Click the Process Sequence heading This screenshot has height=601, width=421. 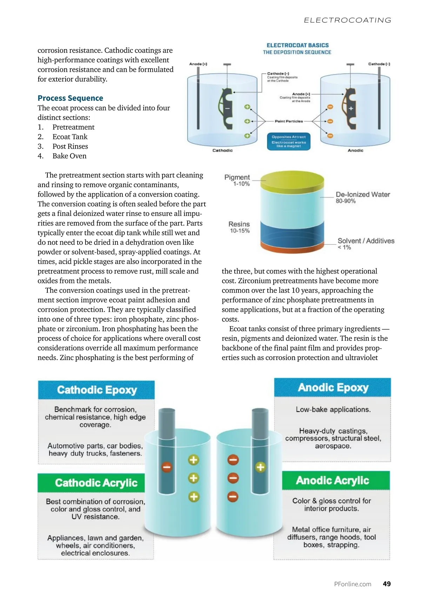[70, 98]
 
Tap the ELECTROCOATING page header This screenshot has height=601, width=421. [347, 20]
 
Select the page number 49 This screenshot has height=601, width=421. [387, 584]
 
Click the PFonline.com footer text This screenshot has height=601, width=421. [353, 584]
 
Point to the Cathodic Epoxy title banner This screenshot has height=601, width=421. [96, 390]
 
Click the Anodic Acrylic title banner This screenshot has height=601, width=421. [332, 480]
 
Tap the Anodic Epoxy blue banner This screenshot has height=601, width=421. [333, 387]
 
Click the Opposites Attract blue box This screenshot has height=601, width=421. [289, 141]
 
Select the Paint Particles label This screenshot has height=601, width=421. [289, 121]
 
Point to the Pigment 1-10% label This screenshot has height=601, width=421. [238, 180]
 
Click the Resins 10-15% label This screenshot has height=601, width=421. [239, 227]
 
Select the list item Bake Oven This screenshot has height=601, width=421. [69, 156]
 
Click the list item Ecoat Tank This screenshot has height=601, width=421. [70, 137]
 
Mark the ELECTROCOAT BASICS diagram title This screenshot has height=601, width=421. [298, 45]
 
